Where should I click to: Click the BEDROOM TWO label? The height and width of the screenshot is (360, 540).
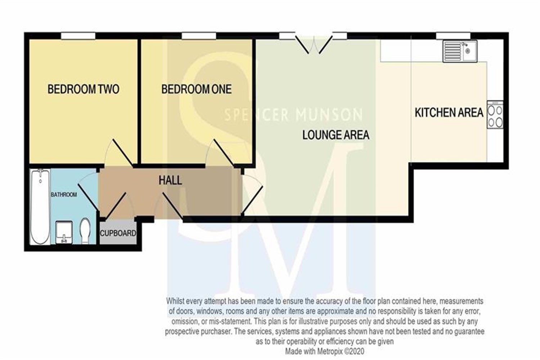(x=84, y=89)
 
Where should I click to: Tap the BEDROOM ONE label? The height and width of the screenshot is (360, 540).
(x=197, y=89)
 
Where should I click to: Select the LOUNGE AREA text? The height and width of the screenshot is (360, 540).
(x=336, y=135)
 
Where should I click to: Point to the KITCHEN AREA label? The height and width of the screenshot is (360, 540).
(x=449, y=113)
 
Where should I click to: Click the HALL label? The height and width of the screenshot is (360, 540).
(x=170, y=180)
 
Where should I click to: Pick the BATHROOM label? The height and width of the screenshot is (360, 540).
(x=64, y=195)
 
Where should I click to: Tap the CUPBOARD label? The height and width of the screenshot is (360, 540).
(x=118, y=233)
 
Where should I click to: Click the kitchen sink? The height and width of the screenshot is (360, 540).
(x=460, y=51)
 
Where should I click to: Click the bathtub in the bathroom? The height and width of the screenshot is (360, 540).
(x=40, y=207)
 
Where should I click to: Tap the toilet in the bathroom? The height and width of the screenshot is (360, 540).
(x=85, y=231)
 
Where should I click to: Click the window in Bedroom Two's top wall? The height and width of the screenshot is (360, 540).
(x=78, y=36)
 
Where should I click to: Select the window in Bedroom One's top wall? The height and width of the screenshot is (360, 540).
(x=199, y=36)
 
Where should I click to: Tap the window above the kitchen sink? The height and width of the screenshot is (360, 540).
(x=453, y=36)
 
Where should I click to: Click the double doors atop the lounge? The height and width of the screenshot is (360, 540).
(x=314, y=45)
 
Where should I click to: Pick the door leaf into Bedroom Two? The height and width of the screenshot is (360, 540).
(x=123, y=153)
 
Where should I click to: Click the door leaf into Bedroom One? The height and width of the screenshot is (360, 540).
(x=224, y=153)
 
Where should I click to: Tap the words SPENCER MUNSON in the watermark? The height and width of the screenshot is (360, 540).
(x=293, y=115)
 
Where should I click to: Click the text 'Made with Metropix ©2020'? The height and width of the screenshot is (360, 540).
(x=325, y=351)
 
